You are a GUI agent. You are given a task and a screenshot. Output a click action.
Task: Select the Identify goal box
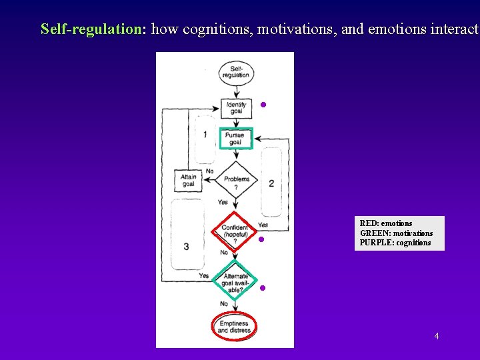pos(236,107)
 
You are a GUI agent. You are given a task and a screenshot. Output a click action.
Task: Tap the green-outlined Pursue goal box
pos(235,139)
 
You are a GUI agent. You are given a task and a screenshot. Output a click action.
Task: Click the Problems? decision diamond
pos(236,180)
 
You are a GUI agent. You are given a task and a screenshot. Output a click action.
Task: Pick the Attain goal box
pos(188,180)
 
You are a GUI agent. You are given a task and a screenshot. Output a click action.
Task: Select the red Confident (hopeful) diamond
pos(235,231)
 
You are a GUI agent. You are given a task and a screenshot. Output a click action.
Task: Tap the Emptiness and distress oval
pos(233,327)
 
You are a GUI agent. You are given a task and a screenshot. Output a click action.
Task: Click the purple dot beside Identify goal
pos(263,105)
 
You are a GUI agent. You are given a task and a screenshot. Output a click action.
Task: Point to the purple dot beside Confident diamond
pos(262,239)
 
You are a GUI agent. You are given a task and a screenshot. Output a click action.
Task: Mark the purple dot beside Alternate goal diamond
pos(263,288)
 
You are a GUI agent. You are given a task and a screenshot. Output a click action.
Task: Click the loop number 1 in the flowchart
pos(205,135)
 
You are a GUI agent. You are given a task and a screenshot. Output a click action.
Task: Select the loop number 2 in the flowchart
pos(271,183)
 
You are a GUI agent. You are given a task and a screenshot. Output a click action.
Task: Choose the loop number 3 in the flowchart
pos(186,247)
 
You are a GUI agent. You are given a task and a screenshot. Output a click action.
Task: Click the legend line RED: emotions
pos(386,223)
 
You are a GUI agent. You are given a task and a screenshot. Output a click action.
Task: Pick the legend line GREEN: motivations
pos(396,233)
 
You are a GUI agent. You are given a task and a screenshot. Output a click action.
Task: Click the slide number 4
pos(437,336)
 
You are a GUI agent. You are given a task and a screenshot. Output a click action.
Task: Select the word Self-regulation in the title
pos(92,29)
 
